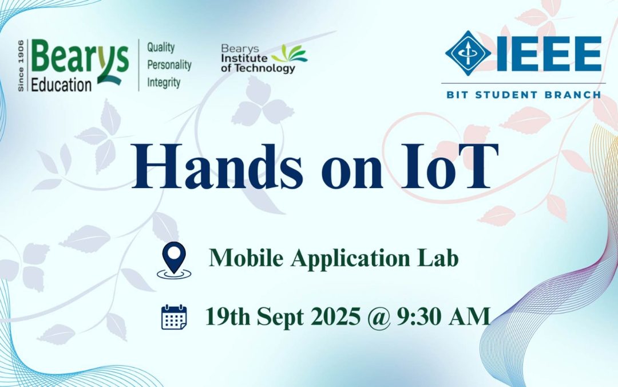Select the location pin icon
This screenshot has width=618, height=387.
click(173, 260)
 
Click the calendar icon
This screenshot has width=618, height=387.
click(174, 317)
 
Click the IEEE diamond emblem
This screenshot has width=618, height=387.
click(468, 53)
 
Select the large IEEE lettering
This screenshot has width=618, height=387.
click(548, 53)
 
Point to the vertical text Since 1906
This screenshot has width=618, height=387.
click(21, 66)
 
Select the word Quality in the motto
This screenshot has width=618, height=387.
click(161, 47)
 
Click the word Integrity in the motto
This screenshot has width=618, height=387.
click(164, 83)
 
